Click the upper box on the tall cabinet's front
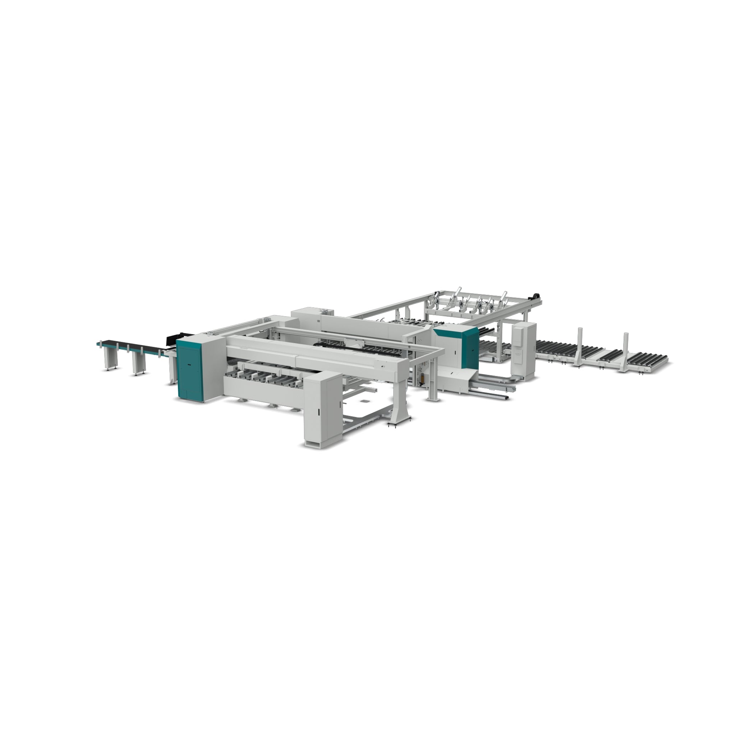click(519, 341)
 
